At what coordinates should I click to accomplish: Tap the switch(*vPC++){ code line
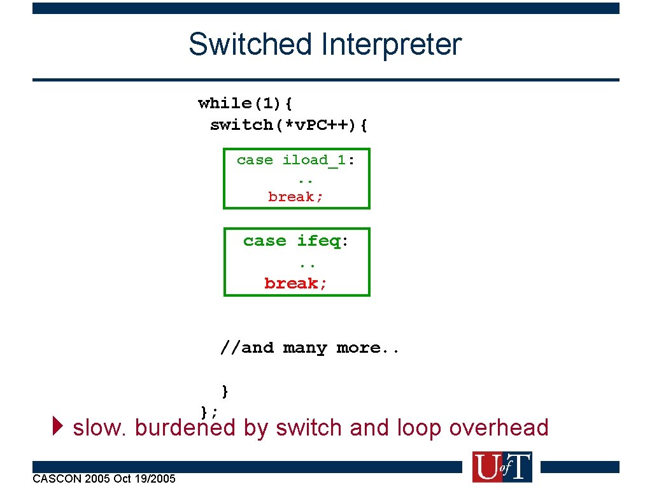[288, 125]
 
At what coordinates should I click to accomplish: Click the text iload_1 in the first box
[314, 160]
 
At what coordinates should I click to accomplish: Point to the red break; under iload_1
[295, 197]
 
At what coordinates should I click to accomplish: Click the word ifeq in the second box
[319, 241]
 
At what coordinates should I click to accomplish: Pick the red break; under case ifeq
[296, 283]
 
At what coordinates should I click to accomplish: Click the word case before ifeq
[264, 241]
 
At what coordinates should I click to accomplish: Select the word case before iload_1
[255, 160]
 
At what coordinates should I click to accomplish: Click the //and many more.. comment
[309, 348]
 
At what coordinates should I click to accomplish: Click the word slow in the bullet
[99, 428]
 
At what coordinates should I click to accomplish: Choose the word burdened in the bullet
[185, 428]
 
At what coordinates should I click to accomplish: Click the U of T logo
[502, 467]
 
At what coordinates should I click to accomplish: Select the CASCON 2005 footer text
[104, 478]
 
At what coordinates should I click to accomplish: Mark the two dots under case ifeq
[307, 262]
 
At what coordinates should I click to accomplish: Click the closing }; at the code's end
[209, 411]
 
